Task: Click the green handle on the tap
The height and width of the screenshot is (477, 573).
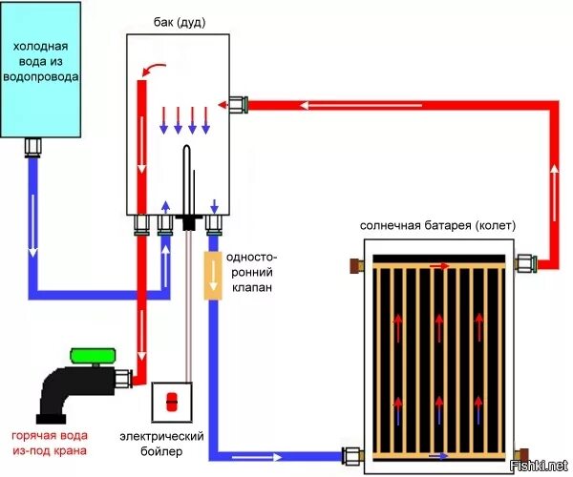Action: tap(93, 356)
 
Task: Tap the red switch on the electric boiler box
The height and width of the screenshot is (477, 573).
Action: tap(172, 402)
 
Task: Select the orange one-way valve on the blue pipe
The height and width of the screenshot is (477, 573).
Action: tap(213, 276)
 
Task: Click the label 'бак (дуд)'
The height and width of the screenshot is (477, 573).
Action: tap(180, 23)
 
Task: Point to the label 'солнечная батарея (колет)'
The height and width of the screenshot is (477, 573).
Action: tap(437, 225)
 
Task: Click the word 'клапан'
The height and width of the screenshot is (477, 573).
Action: tap(252, 287)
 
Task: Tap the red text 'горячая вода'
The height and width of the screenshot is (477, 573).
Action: tap(50, 435)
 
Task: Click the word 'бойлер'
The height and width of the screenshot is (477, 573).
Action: tap(161, 452)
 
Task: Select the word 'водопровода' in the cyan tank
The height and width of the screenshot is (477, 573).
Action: tap(40, 77)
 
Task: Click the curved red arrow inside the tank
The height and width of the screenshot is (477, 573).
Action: tap(152, 69)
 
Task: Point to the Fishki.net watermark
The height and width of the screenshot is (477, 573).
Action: tap(539, 466)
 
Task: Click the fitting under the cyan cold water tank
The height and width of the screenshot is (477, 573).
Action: tap(32, 148)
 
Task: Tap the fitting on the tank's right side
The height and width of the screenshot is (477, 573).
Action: tap(238, 105)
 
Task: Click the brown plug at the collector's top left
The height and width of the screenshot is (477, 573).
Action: tap(356, 266)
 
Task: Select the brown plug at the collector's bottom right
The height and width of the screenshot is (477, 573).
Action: tap(521, 455)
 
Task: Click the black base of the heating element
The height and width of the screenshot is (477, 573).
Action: tap(189, 222)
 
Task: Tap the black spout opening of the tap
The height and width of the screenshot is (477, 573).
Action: tap(51, 419)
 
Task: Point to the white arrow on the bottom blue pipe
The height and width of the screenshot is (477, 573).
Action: tap(257, 457)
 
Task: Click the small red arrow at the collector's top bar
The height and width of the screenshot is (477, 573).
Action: tap(439, 266)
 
